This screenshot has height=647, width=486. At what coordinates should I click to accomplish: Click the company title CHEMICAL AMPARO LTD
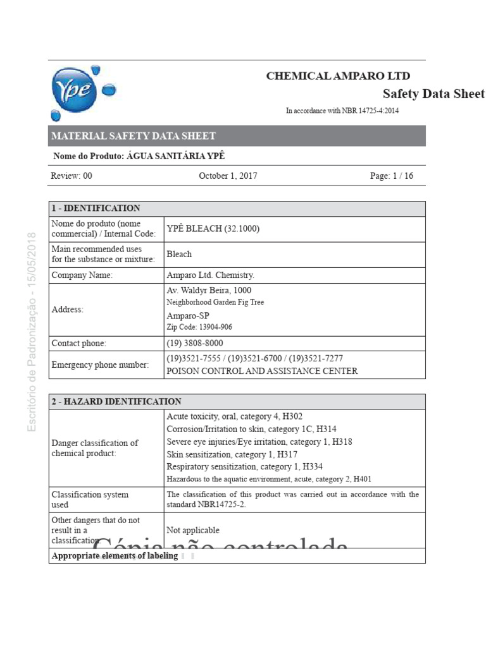pos(338,76)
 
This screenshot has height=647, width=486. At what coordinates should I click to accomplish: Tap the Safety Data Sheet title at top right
pos(433,94)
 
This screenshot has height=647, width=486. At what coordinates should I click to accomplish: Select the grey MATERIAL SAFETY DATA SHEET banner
pos(237,136)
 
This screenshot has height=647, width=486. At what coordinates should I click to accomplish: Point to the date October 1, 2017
pos(228,176)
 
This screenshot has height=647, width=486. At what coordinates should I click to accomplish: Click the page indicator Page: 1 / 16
pos(391,176)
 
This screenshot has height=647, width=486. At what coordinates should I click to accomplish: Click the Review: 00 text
pos(72,176)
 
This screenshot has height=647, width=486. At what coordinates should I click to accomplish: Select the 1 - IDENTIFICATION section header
pos(96,208)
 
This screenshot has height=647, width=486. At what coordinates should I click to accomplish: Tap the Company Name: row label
pos(82,275)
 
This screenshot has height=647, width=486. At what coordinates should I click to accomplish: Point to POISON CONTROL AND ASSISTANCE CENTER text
pos(261,371)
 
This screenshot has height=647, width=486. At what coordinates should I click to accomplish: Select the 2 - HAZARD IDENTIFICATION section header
pos(116,401)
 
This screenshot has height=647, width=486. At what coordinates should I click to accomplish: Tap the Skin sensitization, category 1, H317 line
pos(232,454)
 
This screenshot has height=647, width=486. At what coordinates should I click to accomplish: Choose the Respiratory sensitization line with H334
pos(245,467)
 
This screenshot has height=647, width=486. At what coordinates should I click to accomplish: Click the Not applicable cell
pos(193,530)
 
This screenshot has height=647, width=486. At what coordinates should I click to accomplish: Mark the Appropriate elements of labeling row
pos(115,556)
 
